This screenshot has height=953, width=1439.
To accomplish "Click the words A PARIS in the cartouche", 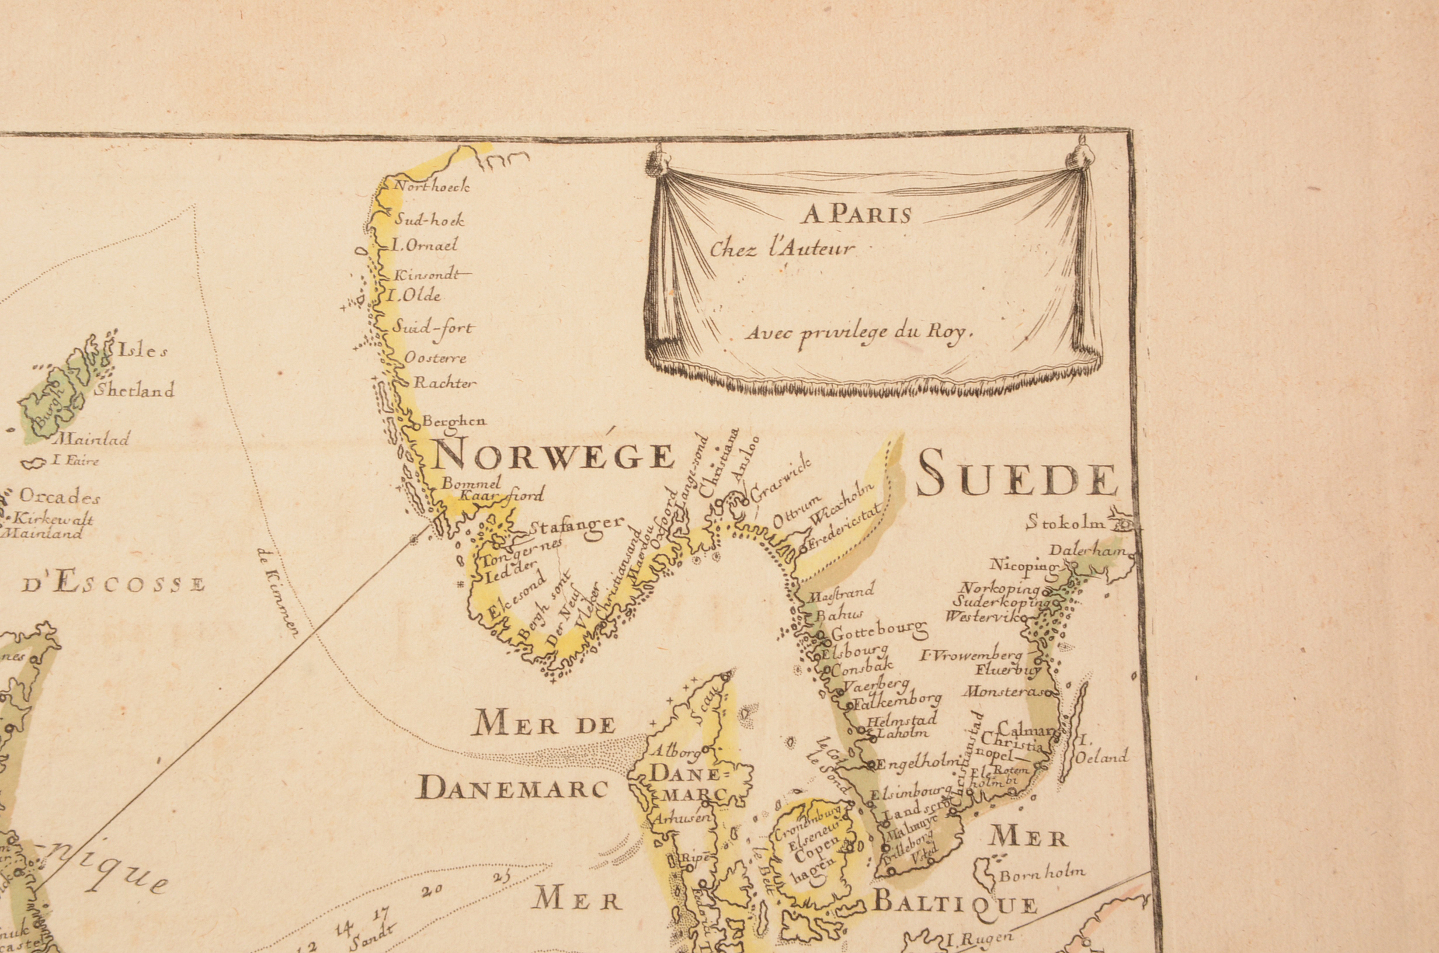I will (x=857, y=214).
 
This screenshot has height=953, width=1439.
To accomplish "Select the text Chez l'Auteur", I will (x=782, y=249).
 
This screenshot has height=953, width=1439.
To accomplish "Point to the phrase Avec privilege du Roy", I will (x=859, y=332).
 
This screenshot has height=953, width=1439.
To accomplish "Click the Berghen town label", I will (x=454, y=420).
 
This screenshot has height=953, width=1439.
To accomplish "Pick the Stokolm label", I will (x=1065, y=521).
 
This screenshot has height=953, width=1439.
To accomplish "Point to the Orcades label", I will (x=60, y=496).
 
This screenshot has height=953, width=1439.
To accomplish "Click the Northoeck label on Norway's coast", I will (x=432, y=187).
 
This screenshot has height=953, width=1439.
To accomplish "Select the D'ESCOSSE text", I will (x=114, y=584).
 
